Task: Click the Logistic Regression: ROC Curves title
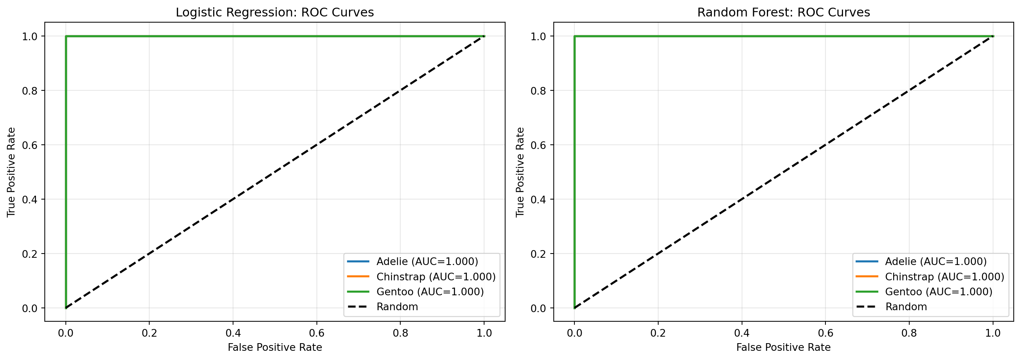pos(275,12)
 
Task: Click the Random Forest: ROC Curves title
pos(784,12)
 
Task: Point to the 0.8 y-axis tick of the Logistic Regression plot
pos(30,91)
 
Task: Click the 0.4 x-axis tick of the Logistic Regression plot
pos(233,333)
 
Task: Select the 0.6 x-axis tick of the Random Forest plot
pos(825,333)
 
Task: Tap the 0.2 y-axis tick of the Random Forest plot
pos(538,254)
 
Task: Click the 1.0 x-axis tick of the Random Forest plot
pos(993,333)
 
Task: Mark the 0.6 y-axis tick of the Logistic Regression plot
pos(30,145)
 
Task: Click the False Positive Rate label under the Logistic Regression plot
pos(275,348)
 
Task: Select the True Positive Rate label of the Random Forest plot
pos(520,172)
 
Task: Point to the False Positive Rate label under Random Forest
pos(783,348)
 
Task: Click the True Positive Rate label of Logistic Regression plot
pos(11,172)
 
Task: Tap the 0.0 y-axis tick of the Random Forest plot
pos(538,308)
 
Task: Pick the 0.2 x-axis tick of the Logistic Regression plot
pos(149,333)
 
